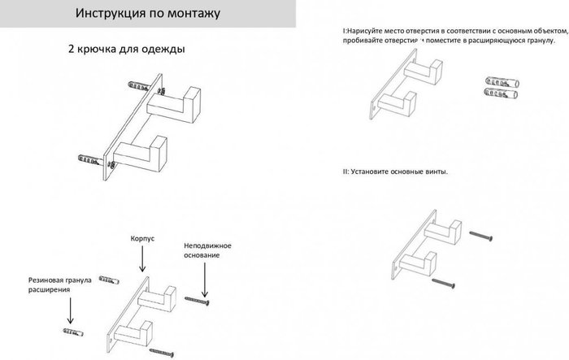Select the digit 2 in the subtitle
[x=72, y=49]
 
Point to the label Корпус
[x=143, y=241]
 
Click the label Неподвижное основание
[x=208, y=250]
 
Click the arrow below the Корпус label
[x=143, y=261]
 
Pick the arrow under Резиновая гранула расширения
[x=70, y=310]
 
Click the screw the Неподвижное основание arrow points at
[x=198, y=301]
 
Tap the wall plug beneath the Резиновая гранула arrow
[x=72, y=332]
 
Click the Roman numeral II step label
[x=345, y=171]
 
